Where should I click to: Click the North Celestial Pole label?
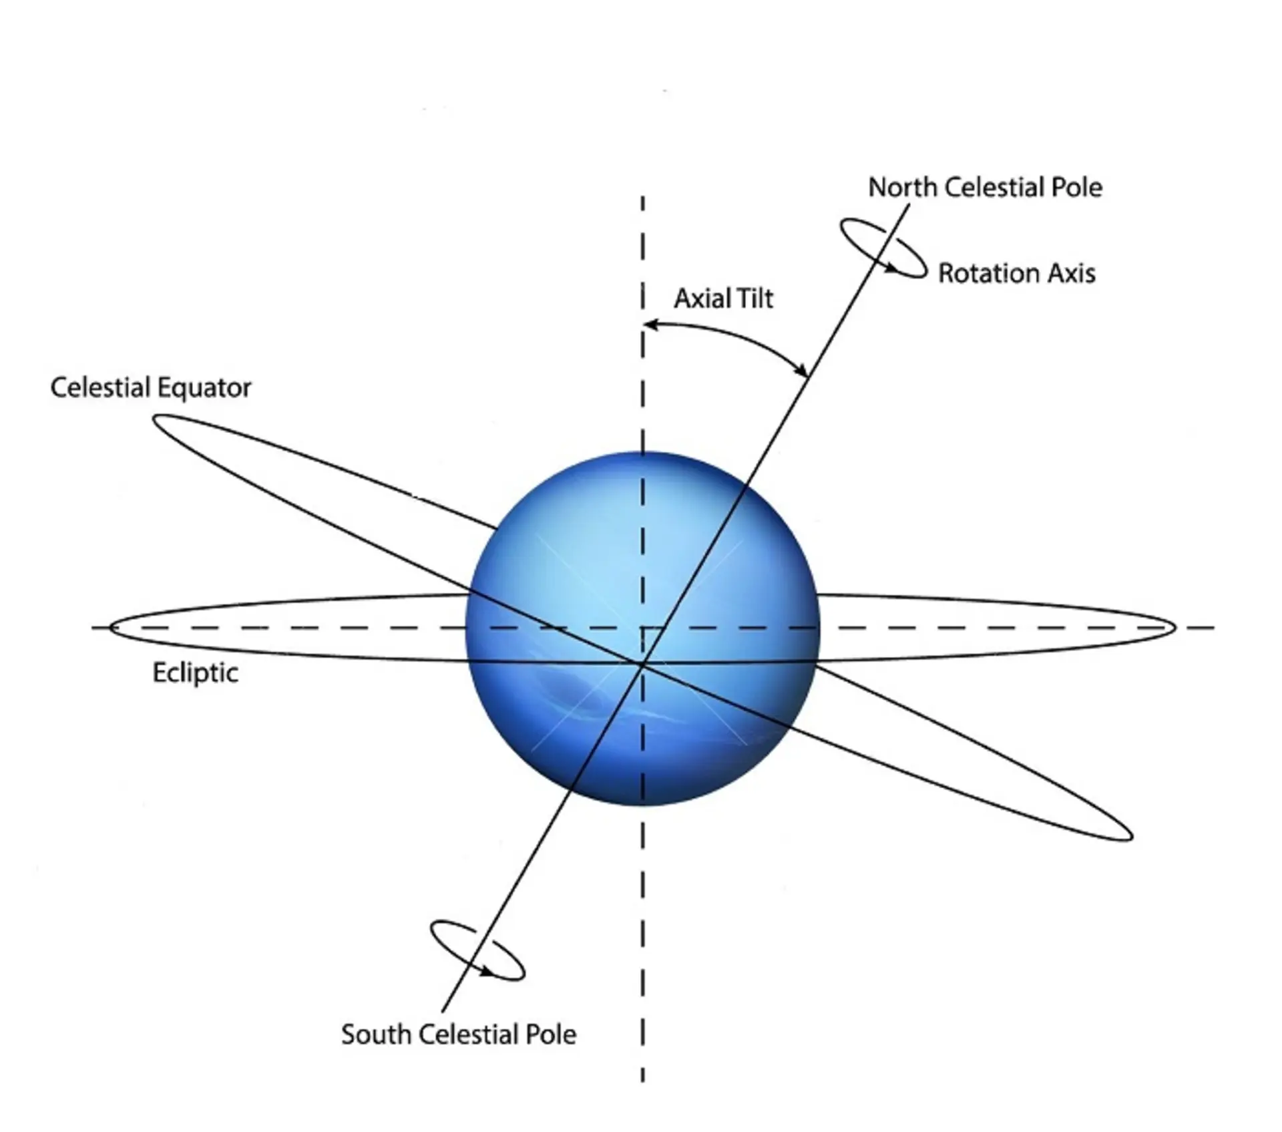985,188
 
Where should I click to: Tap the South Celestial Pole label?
459,1034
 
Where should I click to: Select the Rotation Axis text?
1017,273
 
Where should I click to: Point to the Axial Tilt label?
724,299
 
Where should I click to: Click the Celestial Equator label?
151,388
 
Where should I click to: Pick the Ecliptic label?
195,673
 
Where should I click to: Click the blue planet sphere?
642,628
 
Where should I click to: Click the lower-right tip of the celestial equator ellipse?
1131,835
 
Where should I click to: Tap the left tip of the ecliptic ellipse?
110,628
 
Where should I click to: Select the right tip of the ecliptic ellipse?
1174,628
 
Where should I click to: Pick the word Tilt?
753,299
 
